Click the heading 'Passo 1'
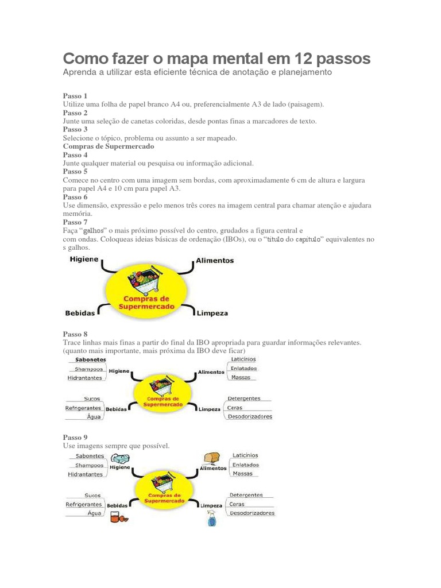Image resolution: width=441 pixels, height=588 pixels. (x=75, y=96)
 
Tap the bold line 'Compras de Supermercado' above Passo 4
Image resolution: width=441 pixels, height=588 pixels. (x=101, y=146)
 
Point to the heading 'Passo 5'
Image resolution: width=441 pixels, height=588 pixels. (x=75, y=171)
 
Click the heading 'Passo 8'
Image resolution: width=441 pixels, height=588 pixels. (x=75, y=334)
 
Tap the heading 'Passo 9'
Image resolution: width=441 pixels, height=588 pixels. (x=75, y=437)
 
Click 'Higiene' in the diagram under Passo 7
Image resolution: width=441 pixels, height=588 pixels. (x=84, y=260)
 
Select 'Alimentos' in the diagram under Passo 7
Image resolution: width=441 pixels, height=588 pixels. (x=215, y=260)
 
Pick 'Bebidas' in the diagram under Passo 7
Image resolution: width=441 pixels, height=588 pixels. (x=81, y=314)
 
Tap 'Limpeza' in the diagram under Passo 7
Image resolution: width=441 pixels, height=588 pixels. (x=212, y=314)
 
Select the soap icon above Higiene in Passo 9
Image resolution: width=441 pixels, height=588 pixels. (x=118, y=458)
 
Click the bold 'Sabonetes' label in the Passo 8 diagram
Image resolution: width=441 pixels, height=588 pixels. (x=86, y=359)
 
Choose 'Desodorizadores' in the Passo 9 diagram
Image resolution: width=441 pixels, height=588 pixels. (x=252, y=513)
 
